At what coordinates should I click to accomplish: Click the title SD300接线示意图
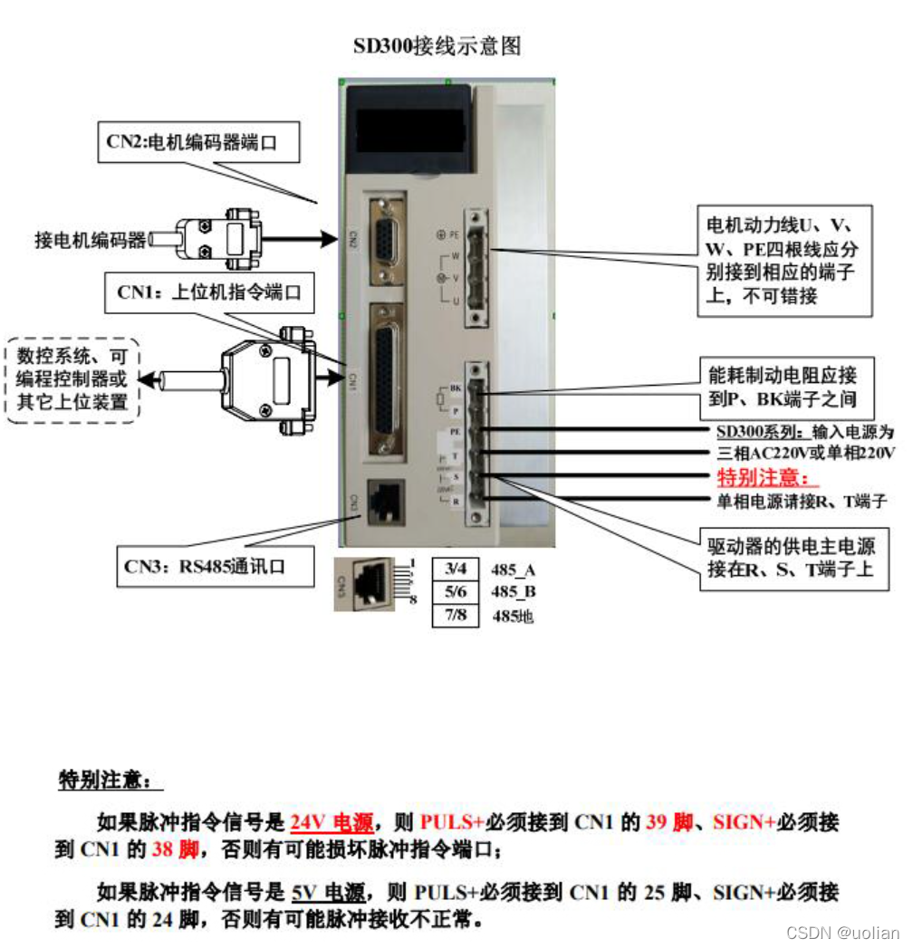(437, 46)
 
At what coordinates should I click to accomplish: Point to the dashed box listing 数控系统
(73, 380)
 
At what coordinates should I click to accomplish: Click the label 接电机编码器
(90, 240)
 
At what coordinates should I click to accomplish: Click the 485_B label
(513, 593)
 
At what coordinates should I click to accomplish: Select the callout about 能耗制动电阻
(778, 386)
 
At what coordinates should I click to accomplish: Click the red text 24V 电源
(332, 823)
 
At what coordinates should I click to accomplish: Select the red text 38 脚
(175, 849)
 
